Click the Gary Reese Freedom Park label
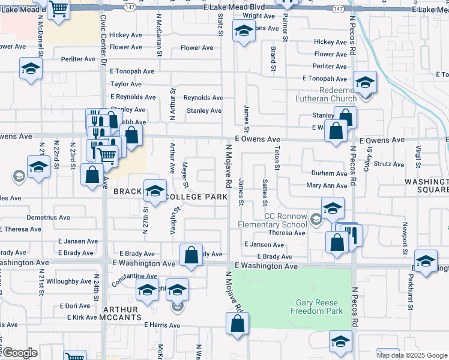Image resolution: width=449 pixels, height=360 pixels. (x=316, y=307)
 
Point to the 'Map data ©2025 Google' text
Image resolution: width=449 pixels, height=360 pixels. (x=412, y=355)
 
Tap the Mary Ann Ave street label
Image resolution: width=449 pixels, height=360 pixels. (x=327, y=185)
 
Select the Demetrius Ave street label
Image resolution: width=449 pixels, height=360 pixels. (x=48, y=217)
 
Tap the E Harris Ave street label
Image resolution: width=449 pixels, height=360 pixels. (x=161, y=325)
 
